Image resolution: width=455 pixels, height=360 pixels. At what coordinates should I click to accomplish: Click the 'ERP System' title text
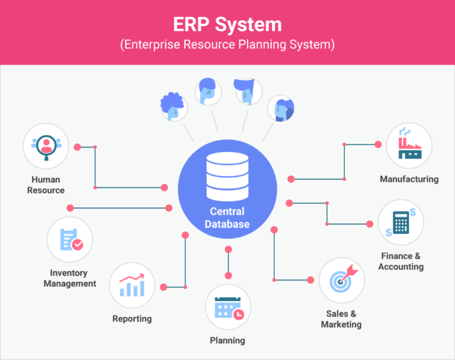coord(227,24)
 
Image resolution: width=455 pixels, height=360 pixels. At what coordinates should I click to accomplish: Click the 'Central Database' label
coord(227,218)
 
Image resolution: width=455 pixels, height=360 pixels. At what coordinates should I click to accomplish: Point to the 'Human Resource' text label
coord(46,185)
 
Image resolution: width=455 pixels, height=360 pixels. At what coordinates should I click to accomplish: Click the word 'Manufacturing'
coord(409,179)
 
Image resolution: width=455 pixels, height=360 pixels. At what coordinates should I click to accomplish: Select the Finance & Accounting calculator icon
coord(401,222)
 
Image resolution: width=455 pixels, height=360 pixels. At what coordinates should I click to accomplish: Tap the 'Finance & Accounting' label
coord(401,261)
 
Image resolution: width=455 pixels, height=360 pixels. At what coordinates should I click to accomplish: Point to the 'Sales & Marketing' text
coord(341,319)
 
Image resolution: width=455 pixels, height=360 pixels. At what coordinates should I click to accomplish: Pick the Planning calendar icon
coord(228,307)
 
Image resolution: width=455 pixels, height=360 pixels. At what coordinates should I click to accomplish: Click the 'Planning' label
coord(227,340)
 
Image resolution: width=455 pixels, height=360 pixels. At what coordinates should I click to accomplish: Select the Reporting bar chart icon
coord(132,285)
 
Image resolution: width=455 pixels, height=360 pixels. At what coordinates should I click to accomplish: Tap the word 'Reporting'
coord(132,319)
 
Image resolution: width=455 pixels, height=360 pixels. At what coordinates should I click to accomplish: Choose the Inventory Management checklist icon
coord(70,240)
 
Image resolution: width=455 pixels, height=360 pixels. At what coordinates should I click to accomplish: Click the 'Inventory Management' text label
coord(69,278)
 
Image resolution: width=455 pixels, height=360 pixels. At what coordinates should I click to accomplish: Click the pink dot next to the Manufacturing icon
coord(378,144)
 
